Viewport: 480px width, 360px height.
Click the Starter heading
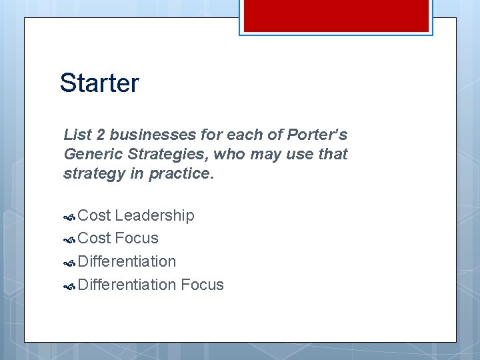pyautogui.click(x=99, y=83)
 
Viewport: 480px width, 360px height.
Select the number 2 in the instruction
pyautogui.click(x=101, y=135)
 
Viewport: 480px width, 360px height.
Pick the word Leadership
pyautogui.click(x=154, y=215)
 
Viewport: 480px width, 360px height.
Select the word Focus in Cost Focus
pyautogui.click(x=137, y=238)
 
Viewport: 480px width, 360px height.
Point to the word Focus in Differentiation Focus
pyautogui.click(x=202, y=285)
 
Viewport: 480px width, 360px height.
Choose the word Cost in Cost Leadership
pyautogui.click(x=94, y=215)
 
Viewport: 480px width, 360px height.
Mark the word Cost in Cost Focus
pyautogui.click(x=94, y=238)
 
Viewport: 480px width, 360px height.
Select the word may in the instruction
pyautogui.click(x=262, y=154)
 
